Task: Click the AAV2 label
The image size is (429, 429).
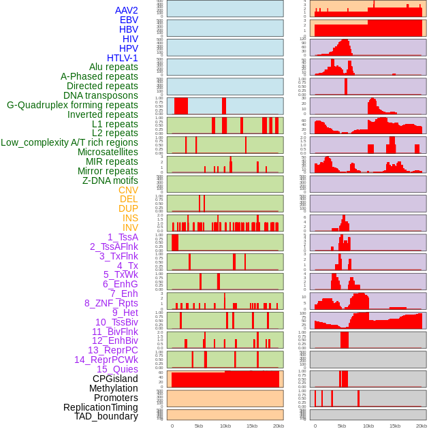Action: (126, 10)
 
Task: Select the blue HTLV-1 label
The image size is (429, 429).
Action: (122, 58)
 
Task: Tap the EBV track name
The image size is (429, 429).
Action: (129, 20)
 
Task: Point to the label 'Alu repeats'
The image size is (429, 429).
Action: (113, 67)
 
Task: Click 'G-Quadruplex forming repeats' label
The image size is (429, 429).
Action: (72, 105)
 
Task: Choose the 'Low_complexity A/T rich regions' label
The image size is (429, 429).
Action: (69, 142)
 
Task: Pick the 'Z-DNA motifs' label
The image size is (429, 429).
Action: (110, 180)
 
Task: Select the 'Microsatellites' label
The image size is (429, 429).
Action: (108, 152)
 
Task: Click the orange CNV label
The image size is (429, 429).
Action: (128, 190)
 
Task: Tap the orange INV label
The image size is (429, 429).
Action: (130, 227)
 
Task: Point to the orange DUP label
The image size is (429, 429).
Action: (128, 208)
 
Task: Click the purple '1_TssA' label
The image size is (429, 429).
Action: (123, 237)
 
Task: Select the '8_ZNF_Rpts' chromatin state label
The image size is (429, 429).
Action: (111, 303)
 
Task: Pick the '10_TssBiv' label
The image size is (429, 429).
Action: (116, 322)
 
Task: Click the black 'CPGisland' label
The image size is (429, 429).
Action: (115, 379)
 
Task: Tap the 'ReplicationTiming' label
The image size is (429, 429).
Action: (100, 407)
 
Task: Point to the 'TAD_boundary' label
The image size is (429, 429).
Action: (106, 416)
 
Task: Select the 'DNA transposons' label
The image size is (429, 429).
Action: (101, 95)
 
